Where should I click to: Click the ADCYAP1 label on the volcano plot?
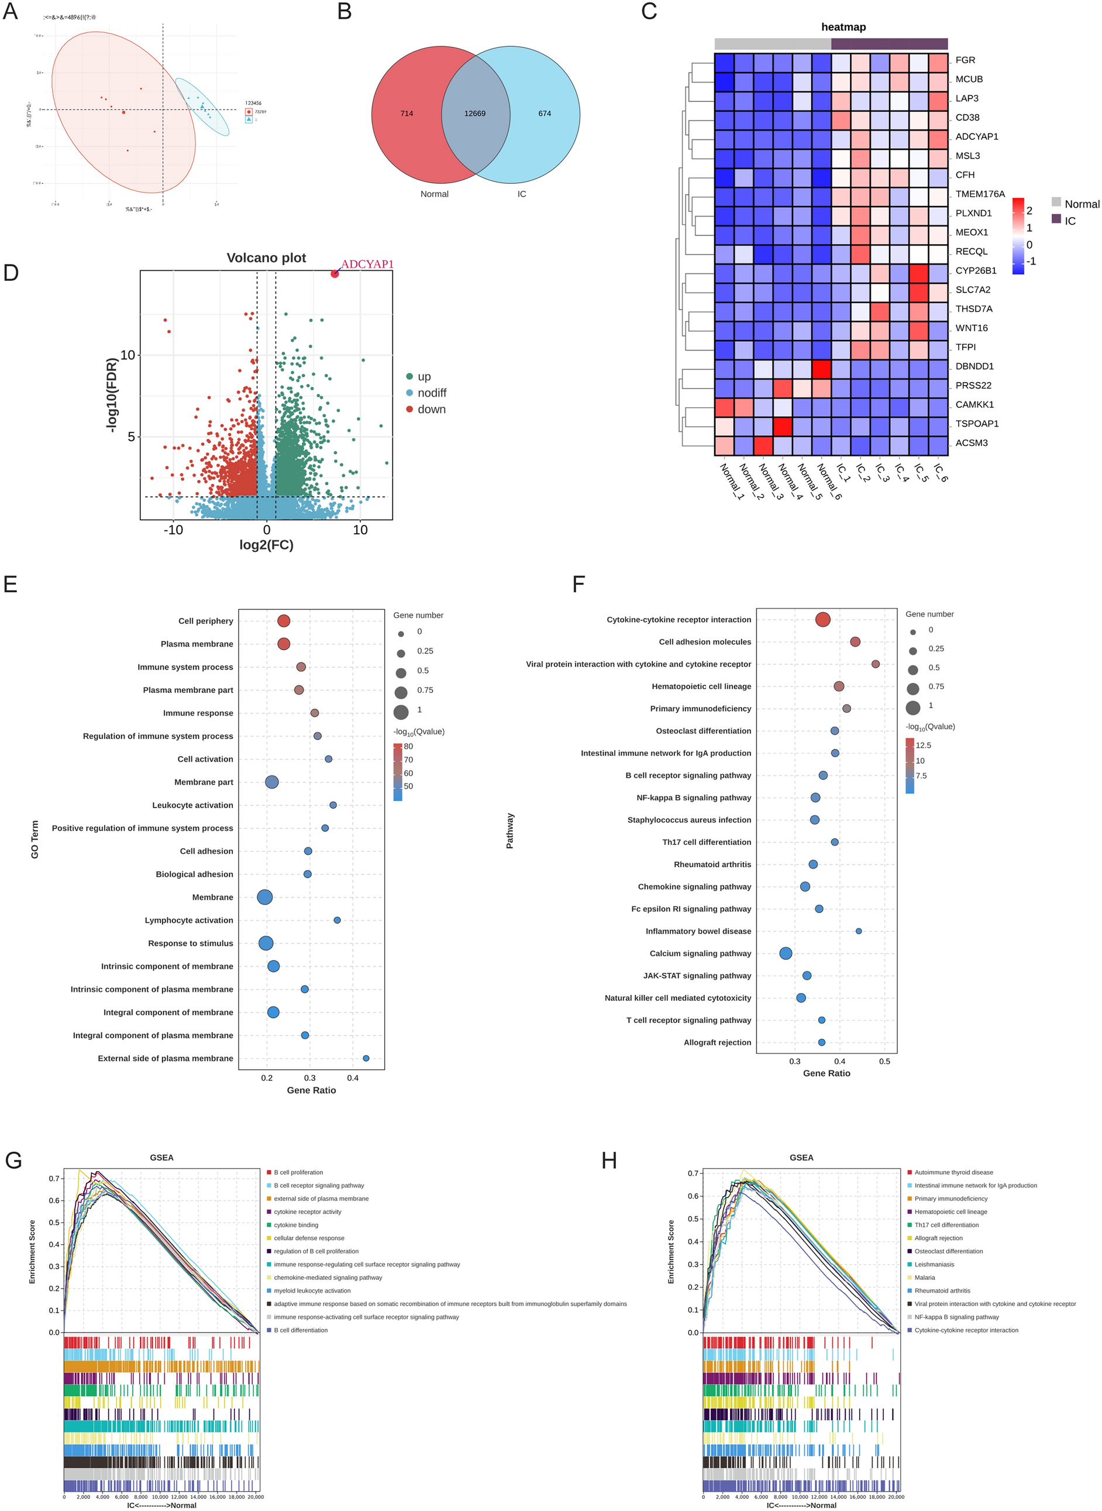point(367,265)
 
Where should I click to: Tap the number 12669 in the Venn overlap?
point(475,114)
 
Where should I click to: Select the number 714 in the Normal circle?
point(407,114)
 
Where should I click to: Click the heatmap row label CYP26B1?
point(975,271)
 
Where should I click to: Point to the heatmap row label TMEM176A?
point(979,194)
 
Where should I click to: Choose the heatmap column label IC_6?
point(940,472)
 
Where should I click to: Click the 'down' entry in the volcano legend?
point(431,409)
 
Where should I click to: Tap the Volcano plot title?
point(266,257)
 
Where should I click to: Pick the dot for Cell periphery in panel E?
point(284,621)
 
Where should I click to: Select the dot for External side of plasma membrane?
point(366,1058)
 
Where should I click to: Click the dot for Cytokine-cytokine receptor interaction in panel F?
point(822,619)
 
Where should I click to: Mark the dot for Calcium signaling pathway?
point(786,953)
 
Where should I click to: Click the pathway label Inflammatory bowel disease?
point(698,931)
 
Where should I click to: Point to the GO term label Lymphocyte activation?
point(189,921)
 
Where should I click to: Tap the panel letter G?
point(13,1160)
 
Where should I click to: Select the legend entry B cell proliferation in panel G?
point(298,1172)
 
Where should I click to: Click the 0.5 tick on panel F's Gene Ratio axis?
point(884,1061)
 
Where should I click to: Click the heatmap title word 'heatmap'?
point(843,28)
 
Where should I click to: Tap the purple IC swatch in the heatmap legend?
point(1056,218)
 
